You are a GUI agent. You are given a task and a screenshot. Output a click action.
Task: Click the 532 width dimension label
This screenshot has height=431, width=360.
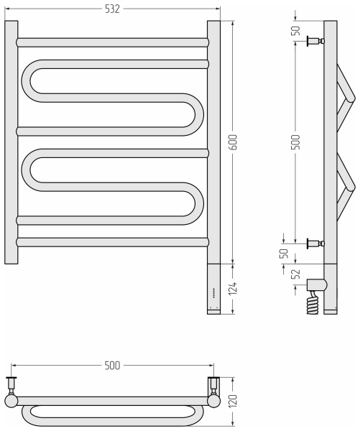pos(113,9)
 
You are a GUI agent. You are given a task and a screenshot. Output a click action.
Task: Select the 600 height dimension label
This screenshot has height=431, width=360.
pos(233,142)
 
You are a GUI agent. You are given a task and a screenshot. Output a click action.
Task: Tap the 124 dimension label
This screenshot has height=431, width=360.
pos(233,288)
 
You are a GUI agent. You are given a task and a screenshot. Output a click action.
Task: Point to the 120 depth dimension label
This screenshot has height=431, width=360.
pos(233,401)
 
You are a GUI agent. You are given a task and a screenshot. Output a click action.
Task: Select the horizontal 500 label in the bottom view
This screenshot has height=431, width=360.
pos(113,366)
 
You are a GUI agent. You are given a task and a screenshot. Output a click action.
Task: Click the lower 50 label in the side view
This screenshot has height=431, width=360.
pos(284,254)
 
